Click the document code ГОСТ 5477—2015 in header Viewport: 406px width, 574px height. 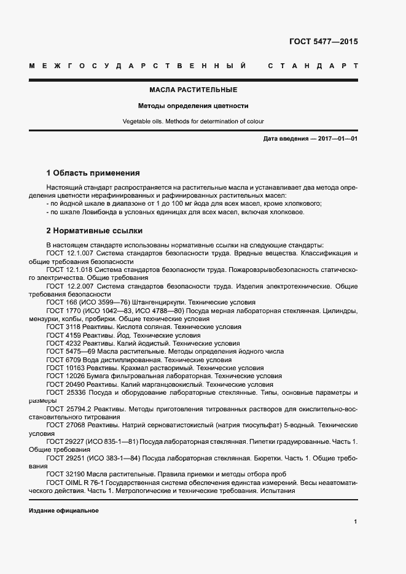(323, 42)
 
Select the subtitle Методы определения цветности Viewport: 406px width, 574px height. (193, 106)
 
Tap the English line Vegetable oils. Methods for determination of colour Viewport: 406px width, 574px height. (193, 122)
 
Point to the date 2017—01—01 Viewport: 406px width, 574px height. (337, 139)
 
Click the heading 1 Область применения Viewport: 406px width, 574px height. (93, 173)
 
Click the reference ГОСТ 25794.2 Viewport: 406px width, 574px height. (69, 408)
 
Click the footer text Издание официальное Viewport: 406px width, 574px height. (63, 511)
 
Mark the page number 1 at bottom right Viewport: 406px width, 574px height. (356, 522)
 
